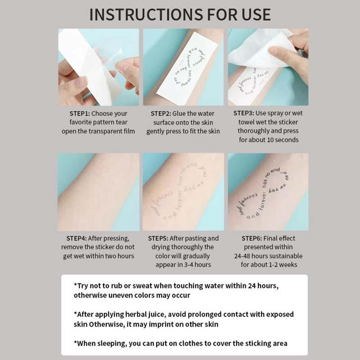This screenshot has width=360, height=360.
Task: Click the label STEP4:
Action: tap(79, 238)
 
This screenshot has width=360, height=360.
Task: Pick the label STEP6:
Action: tap(252, 238)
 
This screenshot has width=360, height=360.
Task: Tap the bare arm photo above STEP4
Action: tap(98, 191)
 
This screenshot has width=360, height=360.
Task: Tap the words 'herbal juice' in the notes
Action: tap(135, 314)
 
